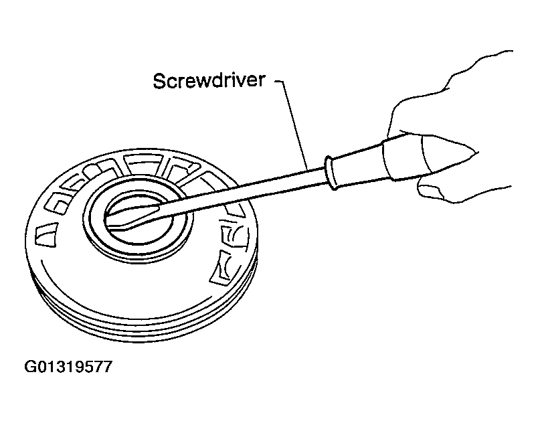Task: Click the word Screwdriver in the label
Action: [209, 81]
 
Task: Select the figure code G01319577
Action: [68, 366]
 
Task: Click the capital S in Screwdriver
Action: [159, 81]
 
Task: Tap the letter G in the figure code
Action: [30, 366]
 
